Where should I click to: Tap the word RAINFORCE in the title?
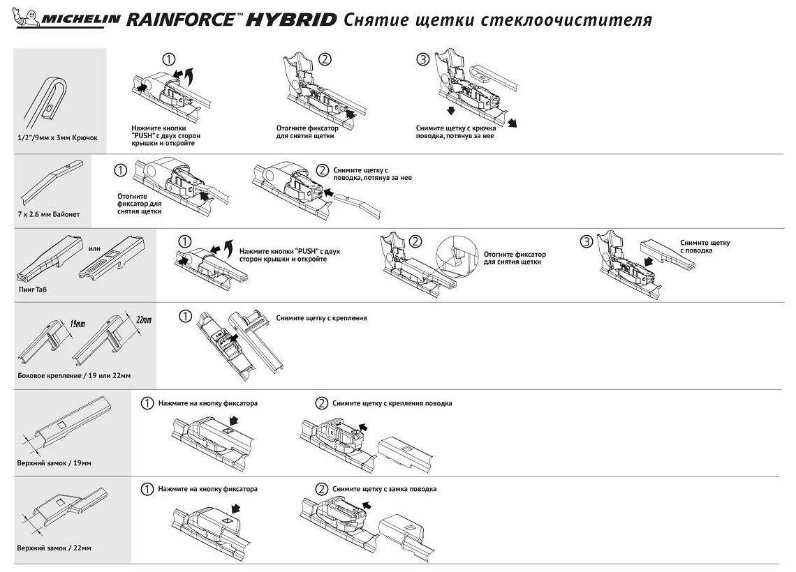click(x=180, y=20)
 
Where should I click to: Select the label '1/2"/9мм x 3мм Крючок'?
click(x=57, y=137)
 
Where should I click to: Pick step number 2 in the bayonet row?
click(x=322, y=170)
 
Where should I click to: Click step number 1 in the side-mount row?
click(x=185, y=317)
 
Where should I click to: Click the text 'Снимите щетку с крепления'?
click(x=321, y=318)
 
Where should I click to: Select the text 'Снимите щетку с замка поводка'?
click(x=385, y=489)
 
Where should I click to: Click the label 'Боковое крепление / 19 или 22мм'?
click(x=74, y=376)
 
